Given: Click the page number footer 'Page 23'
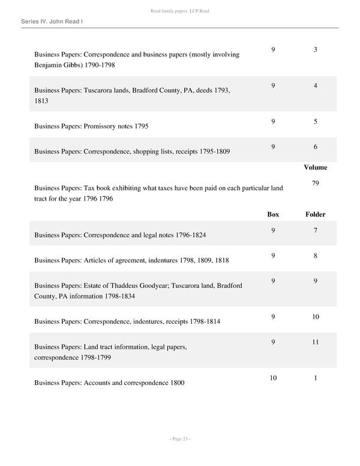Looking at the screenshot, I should tap(179, 440).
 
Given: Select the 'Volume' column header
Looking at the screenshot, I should tap(315, 168).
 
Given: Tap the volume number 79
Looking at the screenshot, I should tap(315, 183).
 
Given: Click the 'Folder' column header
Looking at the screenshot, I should tap(315, 214).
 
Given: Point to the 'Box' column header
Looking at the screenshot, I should tap(273, 214).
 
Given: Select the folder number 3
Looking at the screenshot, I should tap(315, 49).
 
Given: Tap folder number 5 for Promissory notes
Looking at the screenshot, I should tap(315, 122).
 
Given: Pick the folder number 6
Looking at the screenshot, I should tap(315, 147).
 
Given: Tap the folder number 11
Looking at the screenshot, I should tap(315, 342).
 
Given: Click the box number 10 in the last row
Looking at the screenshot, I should tap(273, 378).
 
